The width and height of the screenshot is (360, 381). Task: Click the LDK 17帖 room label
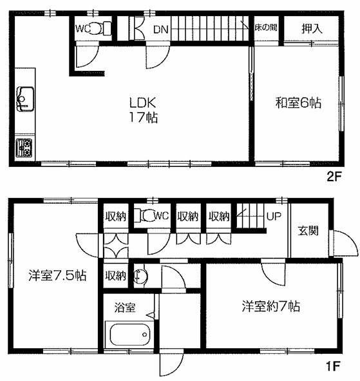[x=143, y=110]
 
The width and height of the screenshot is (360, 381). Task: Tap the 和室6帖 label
[x=299, y=102]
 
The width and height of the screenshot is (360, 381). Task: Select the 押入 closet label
[x=313, y=29]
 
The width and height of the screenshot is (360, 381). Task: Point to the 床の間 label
[x=265, y=29]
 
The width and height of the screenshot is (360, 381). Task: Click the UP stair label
[x=274, y=216]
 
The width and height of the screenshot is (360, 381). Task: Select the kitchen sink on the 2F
[x=24, y=99]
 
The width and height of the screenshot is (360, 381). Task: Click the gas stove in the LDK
[x=23, y=147]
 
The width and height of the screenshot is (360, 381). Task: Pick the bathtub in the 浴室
[x=129, y=335]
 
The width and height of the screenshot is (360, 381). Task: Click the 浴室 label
[x=125, y=308]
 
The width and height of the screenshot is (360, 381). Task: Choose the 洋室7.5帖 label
[x=57, y=275]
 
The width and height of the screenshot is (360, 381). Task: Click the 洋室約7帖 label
[x=270, y=306]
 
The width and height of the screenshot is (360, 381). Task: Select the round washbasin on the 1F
[x=141, y=277]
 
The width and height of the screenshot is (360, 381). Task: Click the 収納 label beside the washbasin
[x=116, y=275]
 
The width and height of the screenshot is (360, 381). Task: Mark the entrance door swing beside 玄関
[x=343, y=245]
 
